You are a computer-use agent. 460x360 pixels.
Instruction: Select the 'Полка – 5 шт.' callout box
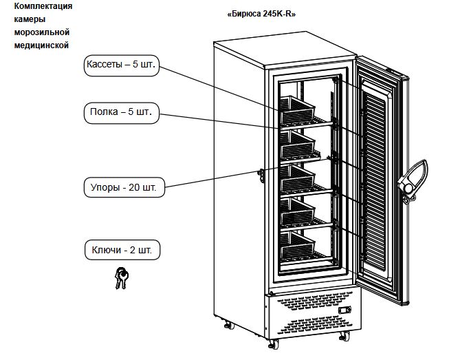click(120, 112)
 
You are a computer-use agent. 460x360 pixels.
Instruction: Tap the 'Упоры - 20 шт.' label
click(124, 187)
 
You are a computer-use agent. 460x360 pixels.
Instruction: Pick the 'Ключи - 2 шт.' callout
click(122, 249)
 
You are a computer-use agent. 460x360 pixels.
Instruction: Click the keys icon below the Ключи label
click(121, 277)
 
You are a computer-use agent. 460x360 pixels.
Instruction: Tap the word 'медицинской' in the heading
click(42, 45)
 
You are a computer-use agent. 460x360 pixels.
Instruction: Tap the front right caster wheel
click(343, 336)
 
